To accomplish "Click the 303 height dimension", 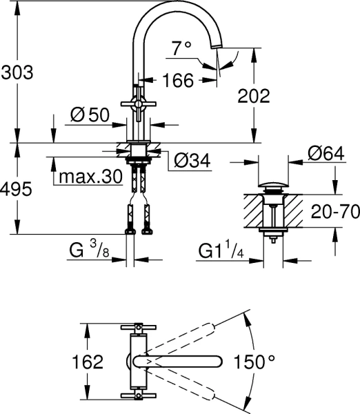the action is point(17,72).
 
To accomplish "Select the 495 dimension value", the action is point(16,189).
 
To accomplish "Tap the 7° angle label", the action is point(181,48).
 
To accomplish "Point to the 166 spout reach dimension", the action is point(178,80).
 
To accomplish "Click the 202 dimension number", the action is point(254,96).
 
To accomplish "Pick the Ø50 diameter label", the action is point(90,115).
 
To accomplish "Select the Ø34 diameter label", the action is point(192,160).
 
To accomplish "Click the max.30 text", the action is point(90,177).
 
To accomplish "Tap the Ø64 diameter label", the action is point(326,153).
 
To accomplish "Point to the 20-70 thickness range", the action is point(335,211).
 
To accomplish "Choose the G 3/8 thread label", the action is point(89,250).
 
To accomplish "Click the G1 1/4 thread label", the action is point(221,250).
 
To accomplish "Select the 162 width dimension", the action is point(88,362).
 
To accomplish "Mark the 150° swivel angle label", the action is point(254,362).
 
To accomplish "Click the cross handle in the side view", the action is point(139,103).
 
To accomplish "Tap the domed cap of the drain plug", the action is point(273,184).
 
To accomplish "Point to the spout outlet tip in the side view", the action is point(217,46).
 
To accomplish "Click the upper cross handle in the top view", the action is point(139,327).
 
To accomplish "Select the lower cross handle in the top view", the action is point(139,395).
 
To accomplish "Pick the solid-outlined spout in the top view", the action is point(178,362).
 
